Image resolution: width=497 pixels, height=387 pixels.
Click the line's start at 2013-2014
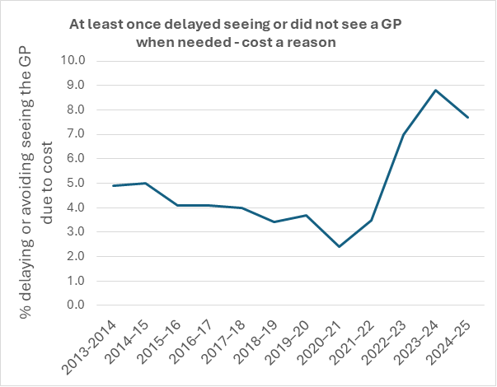(x=113, y=185)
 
